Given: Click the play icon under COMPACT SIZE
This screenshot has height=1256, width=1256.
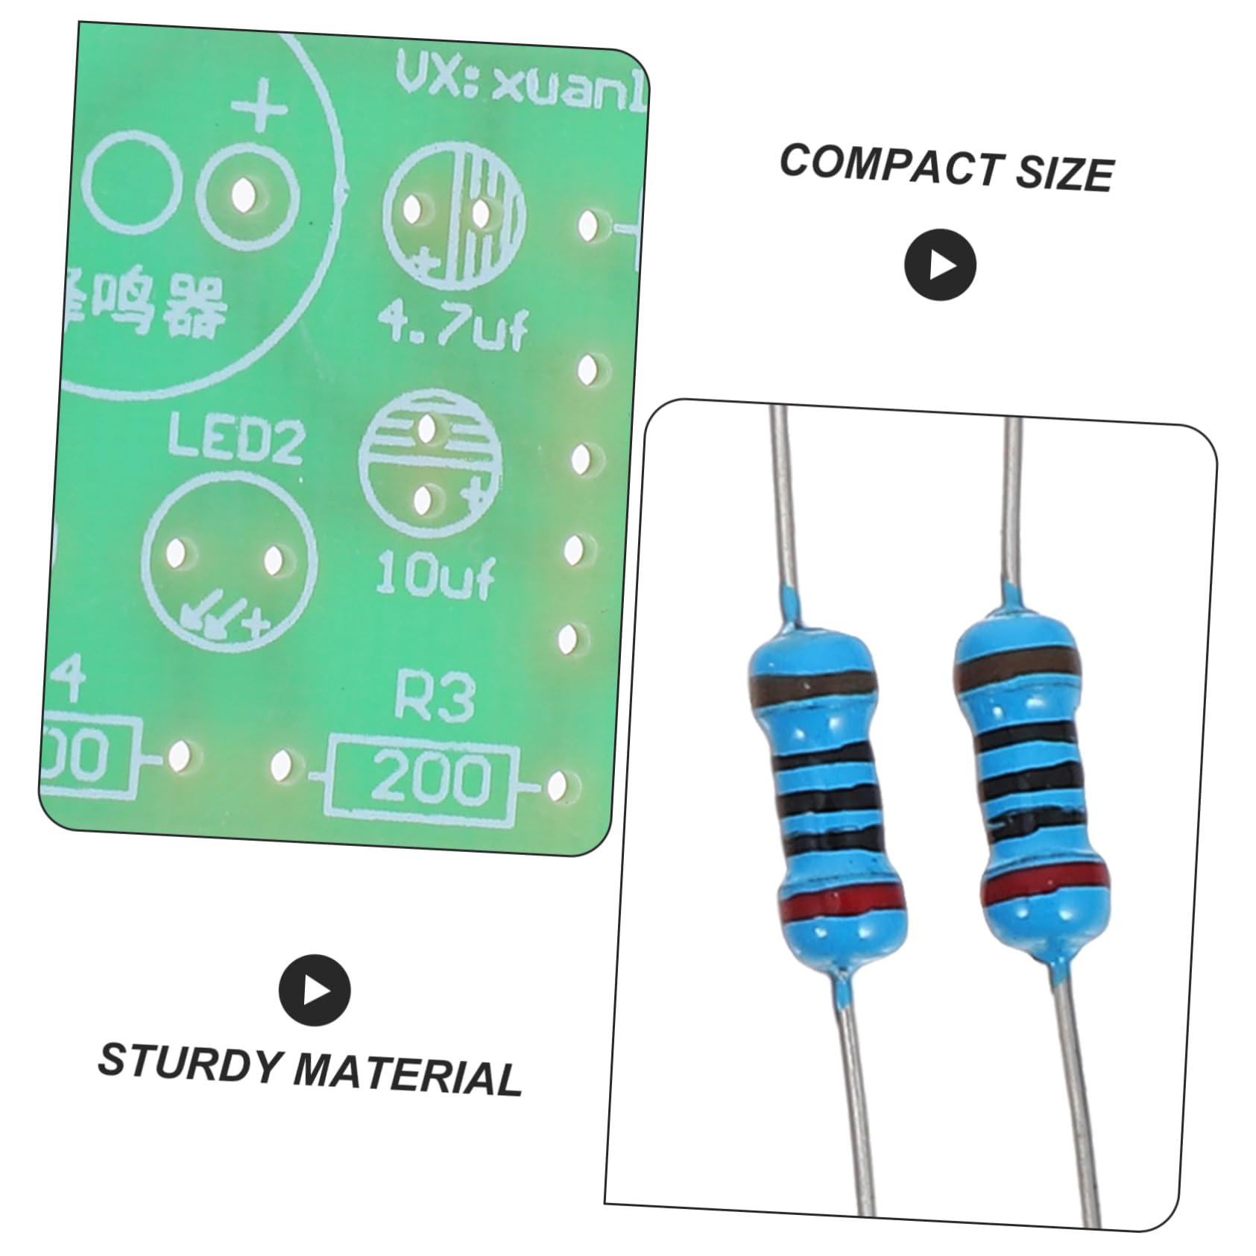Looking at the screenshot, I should (939, 265).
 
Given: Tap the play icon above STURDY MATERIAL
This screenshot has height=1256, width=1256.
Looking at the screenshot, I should (315, 990).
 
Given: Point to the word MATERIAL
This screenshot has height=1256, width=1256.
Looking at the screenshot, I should (407, 1076).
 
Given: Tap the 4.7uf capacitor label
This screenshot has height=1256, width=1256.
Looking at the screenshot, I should (452, 325).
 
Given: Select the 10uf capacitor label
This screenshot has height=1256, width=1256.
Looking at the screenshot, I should (435, 575).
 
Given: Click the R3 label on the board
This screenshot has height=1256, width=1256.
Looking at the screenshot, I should (435, 698).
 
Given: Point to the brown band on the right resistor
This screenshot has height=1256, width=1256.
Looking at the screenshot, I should (1014, 668).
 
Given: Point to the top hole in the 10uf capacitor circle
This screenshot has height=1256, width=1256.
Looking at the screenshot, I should (427, 429).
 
